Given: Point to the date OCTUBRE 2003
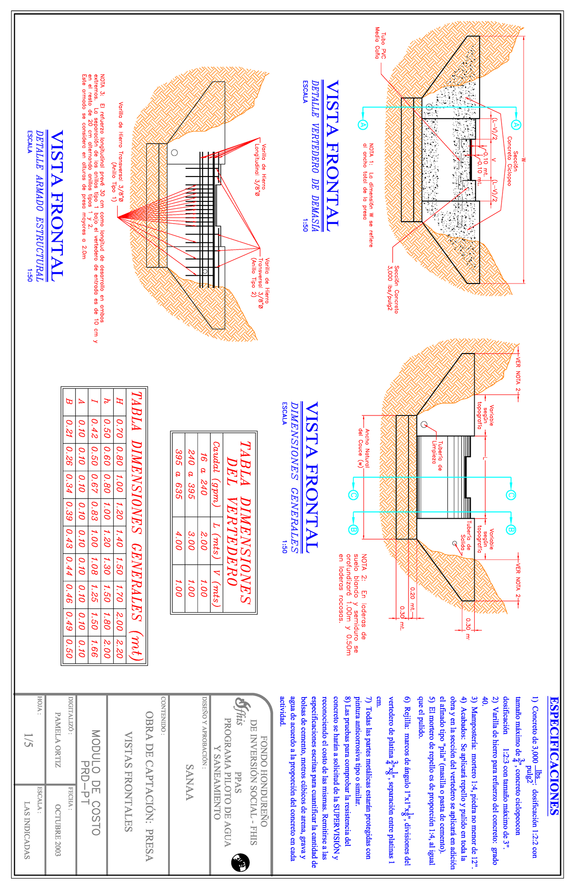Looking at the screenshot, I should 58,830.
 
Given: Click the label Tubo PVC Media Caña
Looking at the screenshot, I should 380,44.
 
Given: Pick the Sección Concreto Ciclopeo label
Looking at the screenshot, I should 513,161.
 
